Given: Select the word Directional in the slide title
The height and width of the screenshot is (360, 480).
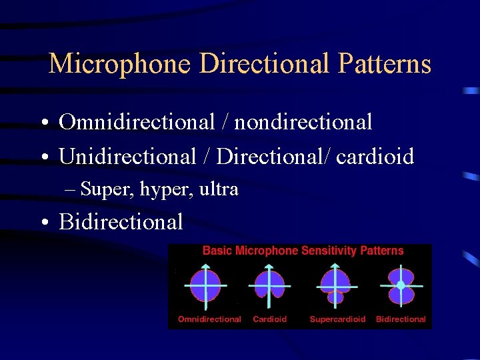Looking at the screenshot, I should [x=265, y=64].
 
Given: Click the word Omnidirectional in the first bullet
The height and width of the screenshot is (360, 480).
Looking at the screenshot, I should [x=137, y=122].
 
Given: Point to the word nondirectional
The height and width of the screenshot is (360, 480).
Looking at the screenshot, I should [x=303, y=122].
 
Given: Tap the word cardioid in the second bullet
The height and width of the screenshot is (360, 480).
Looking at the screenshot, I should [x=375, y=157].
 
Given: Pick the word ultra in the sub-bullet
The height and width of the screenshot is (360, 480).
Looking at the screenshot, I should [x=219, y=189].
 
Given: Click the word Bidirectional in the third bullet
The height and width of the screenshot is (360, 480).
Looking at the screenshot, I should [x=121, y=222].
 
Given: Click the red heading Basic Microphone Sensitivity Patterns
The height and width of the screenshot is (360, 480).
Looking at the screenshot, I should [x=303, y=251].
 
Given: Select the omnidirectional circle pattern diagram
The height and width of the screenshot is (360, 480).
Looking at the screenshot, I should [x=206, y=285].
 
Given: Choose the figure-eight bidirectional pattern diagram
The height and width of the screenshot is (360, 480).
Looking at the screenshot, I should [x=401, y=285].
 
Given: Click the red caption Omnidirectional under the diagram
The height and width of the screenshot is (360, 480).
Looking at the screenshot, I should [x=209, y=319].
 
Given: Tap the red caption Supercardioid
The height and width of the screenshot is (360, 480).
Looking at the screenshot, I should [x=337, y=319].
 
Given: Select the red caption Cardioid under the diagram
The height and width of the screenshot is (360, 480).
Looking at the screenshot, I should [x=270, y=319].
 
